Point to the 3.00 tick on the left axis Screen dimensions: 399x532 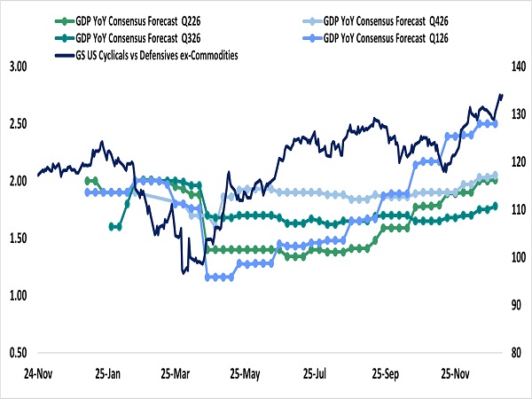(19, 66)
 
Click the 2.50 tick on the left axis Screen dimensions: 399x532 (19, 123)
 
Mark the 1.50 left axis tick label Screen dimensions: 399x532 (19, 239)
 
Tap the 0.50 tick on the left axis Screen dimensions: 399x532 (19, 353)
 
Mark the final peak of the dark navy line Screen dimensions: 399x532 (501, 95)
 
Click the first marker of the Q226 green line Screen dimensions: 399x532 (87, 180)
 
